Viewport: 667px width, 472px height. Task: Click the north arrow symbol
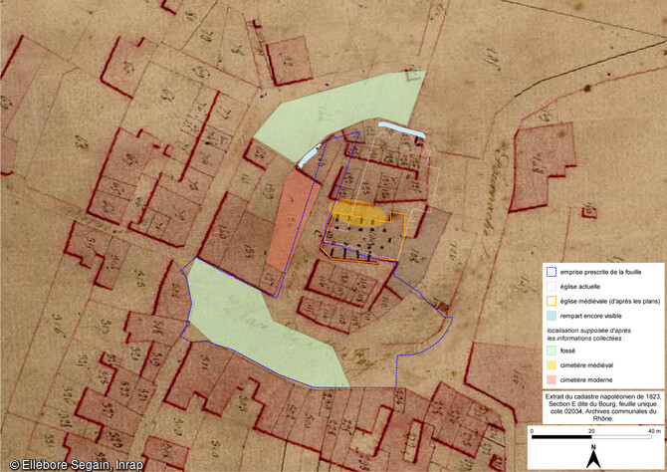click(593, 456)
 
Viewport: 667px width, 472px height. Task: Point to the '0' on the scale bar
click(533, 430)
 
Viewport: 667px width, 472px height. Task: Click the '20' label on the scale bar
click(592, 430)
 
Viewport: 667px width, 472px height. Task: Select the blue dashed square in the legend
click(551, 272)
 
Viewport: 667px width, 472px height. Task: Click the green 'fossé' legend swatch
click(551, 352)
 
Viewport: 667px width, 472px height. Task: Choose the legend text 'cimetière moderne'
click(589, 380)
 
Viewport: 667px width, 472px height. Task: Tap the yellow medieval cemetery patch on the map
click(355, 211)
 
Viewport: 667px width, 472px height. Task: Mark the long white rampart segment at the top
click(402, 130)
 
